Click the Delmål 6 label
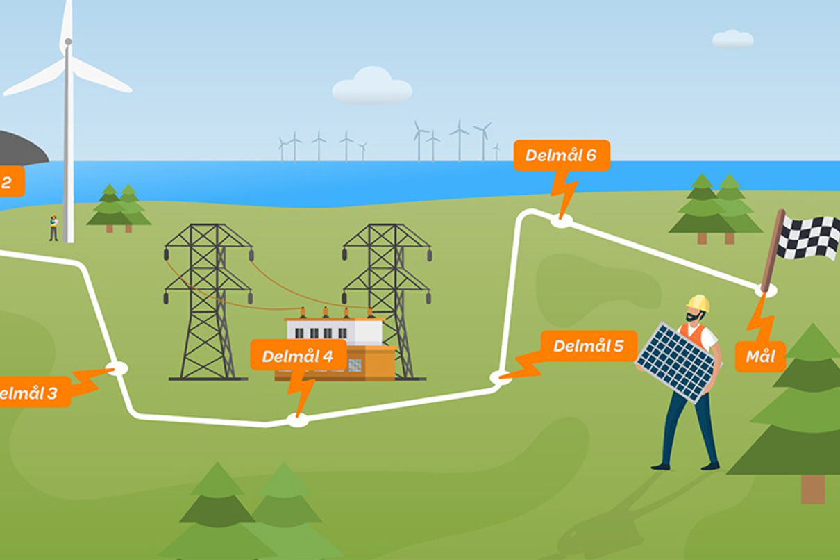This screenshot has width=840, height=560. pos(561,156)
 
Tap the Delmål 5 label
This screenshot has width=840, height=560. pos(588,345)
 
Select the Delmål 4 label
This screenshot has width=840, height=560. pos(297,357)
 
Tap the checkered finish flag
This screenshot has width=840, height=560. pos(808,237)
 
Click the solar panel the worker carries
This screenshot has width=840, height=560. pos(675,361)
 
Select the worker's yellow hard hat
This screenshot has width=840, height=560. pos(698,303)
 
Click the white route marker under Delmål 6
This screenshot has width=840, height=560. pos(561,221)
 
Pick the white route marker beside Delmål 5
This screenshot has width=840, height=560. pos(500,377)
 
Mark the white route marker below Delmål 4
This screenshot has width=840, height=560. pos(298,420)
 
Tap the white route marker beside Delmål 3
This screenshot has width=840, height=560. pos(118,368)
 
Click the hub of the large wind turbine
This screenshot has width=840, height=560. pos(68,42)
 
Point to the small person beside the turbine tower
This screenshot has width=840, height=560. pos(53,228)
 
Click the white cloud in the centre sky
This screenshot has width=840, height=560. pos(372,86)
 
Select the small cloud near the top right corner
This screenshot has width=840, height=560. pos(732,39)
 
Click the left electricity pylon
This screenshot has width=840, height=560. pos(208,299)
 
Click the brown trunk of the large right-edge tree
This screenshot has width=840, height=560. pos(812,488)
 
